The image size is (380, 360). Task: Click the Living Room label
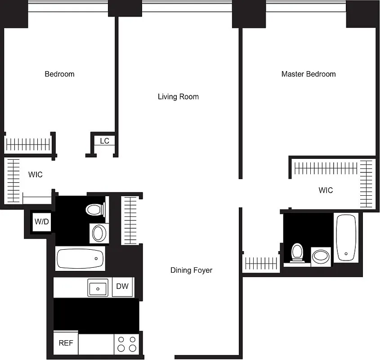pos(178,97)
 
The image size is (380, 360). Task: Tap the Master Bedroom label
pos(308,74)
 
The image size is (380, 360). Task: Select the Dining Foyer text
pos(191,270)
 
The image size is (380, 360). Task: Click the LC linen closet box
pos(104,141)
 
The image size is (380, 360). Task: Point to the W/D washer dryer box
pos(42,221)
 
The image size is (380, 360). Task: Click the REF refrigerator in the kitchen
pos(66,343)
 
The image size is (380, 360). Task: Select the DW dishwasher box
pos(123,287)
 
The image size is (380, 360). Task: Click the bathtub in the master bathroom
pos(346,238)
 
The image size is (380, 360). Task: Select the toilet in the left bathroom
pos(95,209)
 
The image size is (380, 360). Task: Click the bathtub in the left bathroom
pos(80,259)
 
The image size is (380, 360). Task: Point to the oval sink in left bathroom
pos(98,233)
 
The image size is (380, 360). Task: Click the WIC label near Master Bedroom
pos(326,190)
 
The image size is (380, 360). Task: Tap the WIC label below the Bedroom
pos(36,175)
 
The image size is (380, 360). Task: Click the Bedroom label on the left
pos(59,74)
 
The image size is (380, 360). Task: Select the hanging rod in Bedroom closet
pos(27,144)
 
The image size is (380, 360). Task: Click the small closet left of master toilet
pos(261,263)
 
